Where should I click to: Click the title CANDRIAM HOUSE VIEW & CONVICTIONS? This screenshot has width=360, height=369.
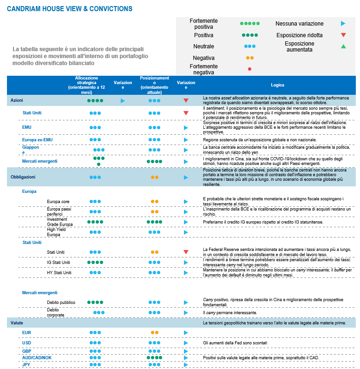(x=70, y=9)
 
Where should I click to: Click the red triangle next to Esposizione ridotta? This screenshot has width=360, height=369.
(x=343, y=35)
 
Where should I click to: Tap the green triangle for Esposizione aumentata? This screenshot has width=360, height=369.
(x=343, y=46)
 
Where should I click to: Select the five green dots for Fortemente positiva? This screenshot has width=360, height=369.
(x=249, y=23)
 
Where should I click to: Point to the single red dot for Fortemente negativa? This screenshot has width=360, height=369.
(x=249, y=69)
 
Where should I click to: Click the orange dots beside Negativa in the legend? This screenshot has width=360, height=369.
(x=249, y=58)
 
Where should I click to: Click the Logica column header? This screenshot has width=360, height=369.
(x=278, y=85)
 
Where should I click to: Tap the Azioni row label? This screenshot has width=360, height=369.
(x=17, y=100)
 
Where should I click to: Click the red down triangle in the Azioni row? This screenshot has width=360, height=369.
(x=186, y=100)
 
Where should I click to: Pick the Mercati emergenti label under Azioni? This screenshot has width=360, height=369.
(x=40, y=161)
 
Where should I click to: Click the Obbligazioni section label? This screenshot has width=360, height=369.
(x=23, y=177)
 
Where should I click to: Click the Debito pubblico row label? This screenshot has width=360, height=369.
(x=61, y=302)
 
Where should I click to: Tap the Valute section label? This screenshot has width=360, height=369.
(x=17, y=322)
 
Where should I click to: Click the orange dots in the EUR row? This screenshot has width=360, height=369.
(x=155, y=333)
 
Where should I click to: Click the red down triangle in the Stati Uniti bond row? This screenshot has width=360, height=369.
(x=186, y=252)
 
